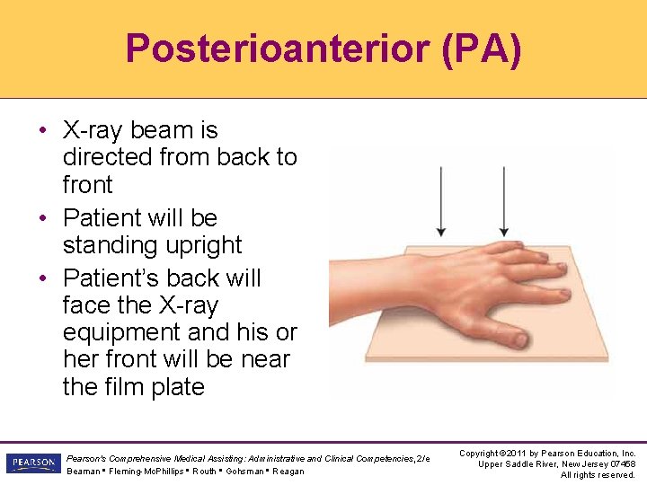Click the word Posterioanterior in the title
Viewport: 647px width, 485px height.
click(277, 49)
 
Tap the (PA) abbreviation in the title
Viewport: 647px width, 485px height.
click(482, 49)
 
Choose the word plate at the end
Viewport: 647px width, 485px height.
click(178, 387)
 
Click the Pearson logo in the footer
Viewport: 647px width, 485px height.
click(32, 463)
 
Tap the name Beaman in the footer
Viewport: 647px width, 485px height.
click(82, 472)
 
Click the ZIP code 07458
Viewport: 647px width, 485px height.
click(620, 463)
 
